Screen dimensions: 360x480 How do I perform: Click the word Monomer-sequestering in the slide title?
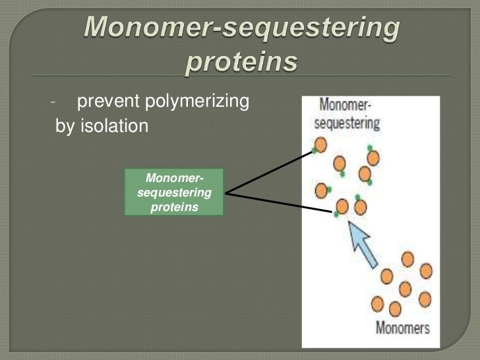[x=242, y=27]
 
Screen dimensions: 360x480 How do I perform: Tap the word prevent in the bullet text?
[x=104, y=102]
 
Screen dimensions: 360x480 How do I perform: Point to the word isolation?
[x=114, y=126]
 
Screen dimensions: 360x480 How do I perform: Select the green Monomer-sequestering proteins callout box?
[x=174, y=193]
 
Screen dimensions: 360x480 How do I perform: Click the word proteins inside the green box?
[x=174, y=207]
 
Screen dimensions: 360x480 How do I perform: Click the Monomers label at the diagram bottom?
[x=402, y=327]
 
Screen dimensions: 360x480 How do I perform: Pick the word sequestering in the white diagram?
[x=347, y=123]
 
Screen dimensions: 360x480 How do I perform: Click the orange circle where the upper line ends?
[x=320, y=144]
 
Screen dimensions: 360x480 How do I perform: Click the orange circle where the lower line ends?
[x=342, y=207]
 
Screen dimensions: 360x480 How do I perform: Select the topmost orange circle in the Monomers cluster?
[x=408, y=259]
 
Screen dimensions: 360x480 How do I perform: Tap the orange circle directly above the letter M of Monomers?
[x=378, y=304]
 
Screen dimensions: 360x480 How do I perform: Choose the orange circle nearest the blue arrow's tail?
[x=387, y=276]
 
